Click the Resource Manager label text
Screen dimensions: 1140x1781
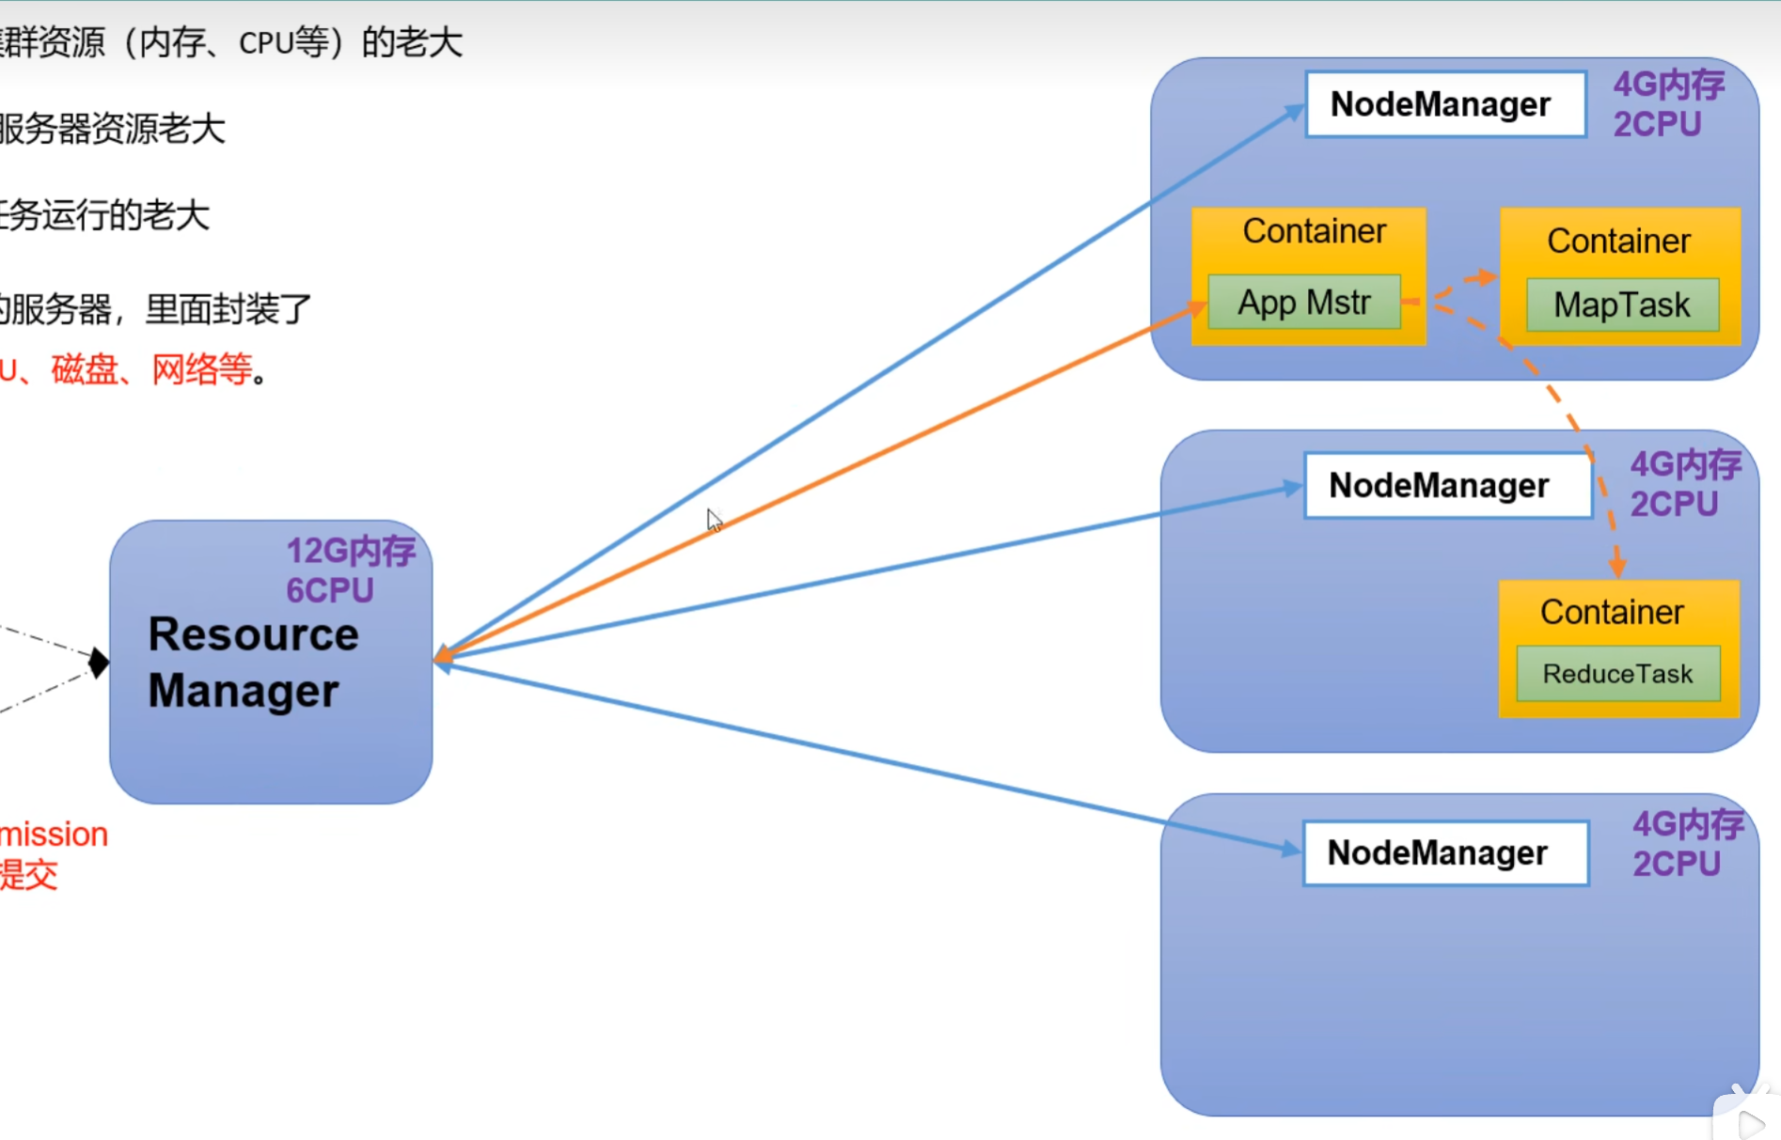253,663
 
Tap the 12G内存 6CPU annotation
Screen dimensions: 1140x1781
350,570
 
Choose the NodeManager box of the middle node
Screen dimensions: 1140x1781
1447,485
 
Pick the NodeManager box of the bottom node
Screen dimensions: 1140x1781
1445,852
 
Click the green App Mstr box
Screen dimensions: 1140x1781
1303,303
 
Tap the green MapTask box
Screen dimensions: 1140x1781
1621,305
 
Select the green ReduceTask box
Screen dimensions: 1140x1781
1617,674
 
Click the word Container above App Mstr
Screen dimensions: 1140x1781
1314,231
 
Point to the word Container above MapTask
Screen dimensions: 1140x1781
1618,242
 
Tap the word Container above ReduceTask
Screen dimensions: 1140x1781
1611,613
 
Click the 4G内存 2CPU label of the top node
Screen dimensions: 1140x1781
1668,104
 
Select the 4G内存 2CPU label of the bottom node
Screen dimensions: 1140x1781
1687,844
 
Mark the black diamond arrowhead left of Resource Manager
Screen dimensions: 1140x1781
98,663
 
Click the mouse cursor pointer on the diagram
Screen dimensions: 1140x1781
714,520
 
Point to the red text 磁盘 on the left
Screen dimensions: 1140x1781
84,369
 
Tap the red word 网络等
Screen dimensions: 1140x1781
201,369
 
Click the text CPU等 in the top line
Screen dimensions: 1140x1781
283,43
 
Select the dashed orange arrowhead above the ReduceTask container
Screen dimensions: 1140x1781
1617,566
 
